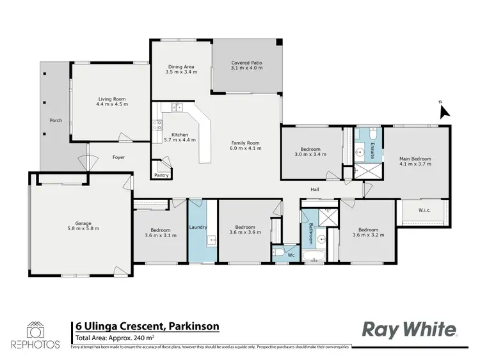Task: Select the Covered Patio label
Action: click(246, 63)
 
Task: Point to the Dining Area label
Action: click(181, 67)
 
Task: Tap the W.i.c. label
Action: click(424, 210)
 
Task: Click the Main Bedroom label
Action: click(415, 159)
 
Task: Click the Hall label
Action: click(315, 190)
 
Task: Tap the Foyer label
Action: click(118, 157)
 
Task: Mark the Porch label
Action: click(56, 120)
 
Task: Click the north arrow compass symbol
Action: click(444, 111)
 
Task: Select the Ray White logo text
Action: click(410, 330)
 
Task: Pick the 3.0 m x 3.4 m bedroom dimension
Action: click(312, 155)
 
